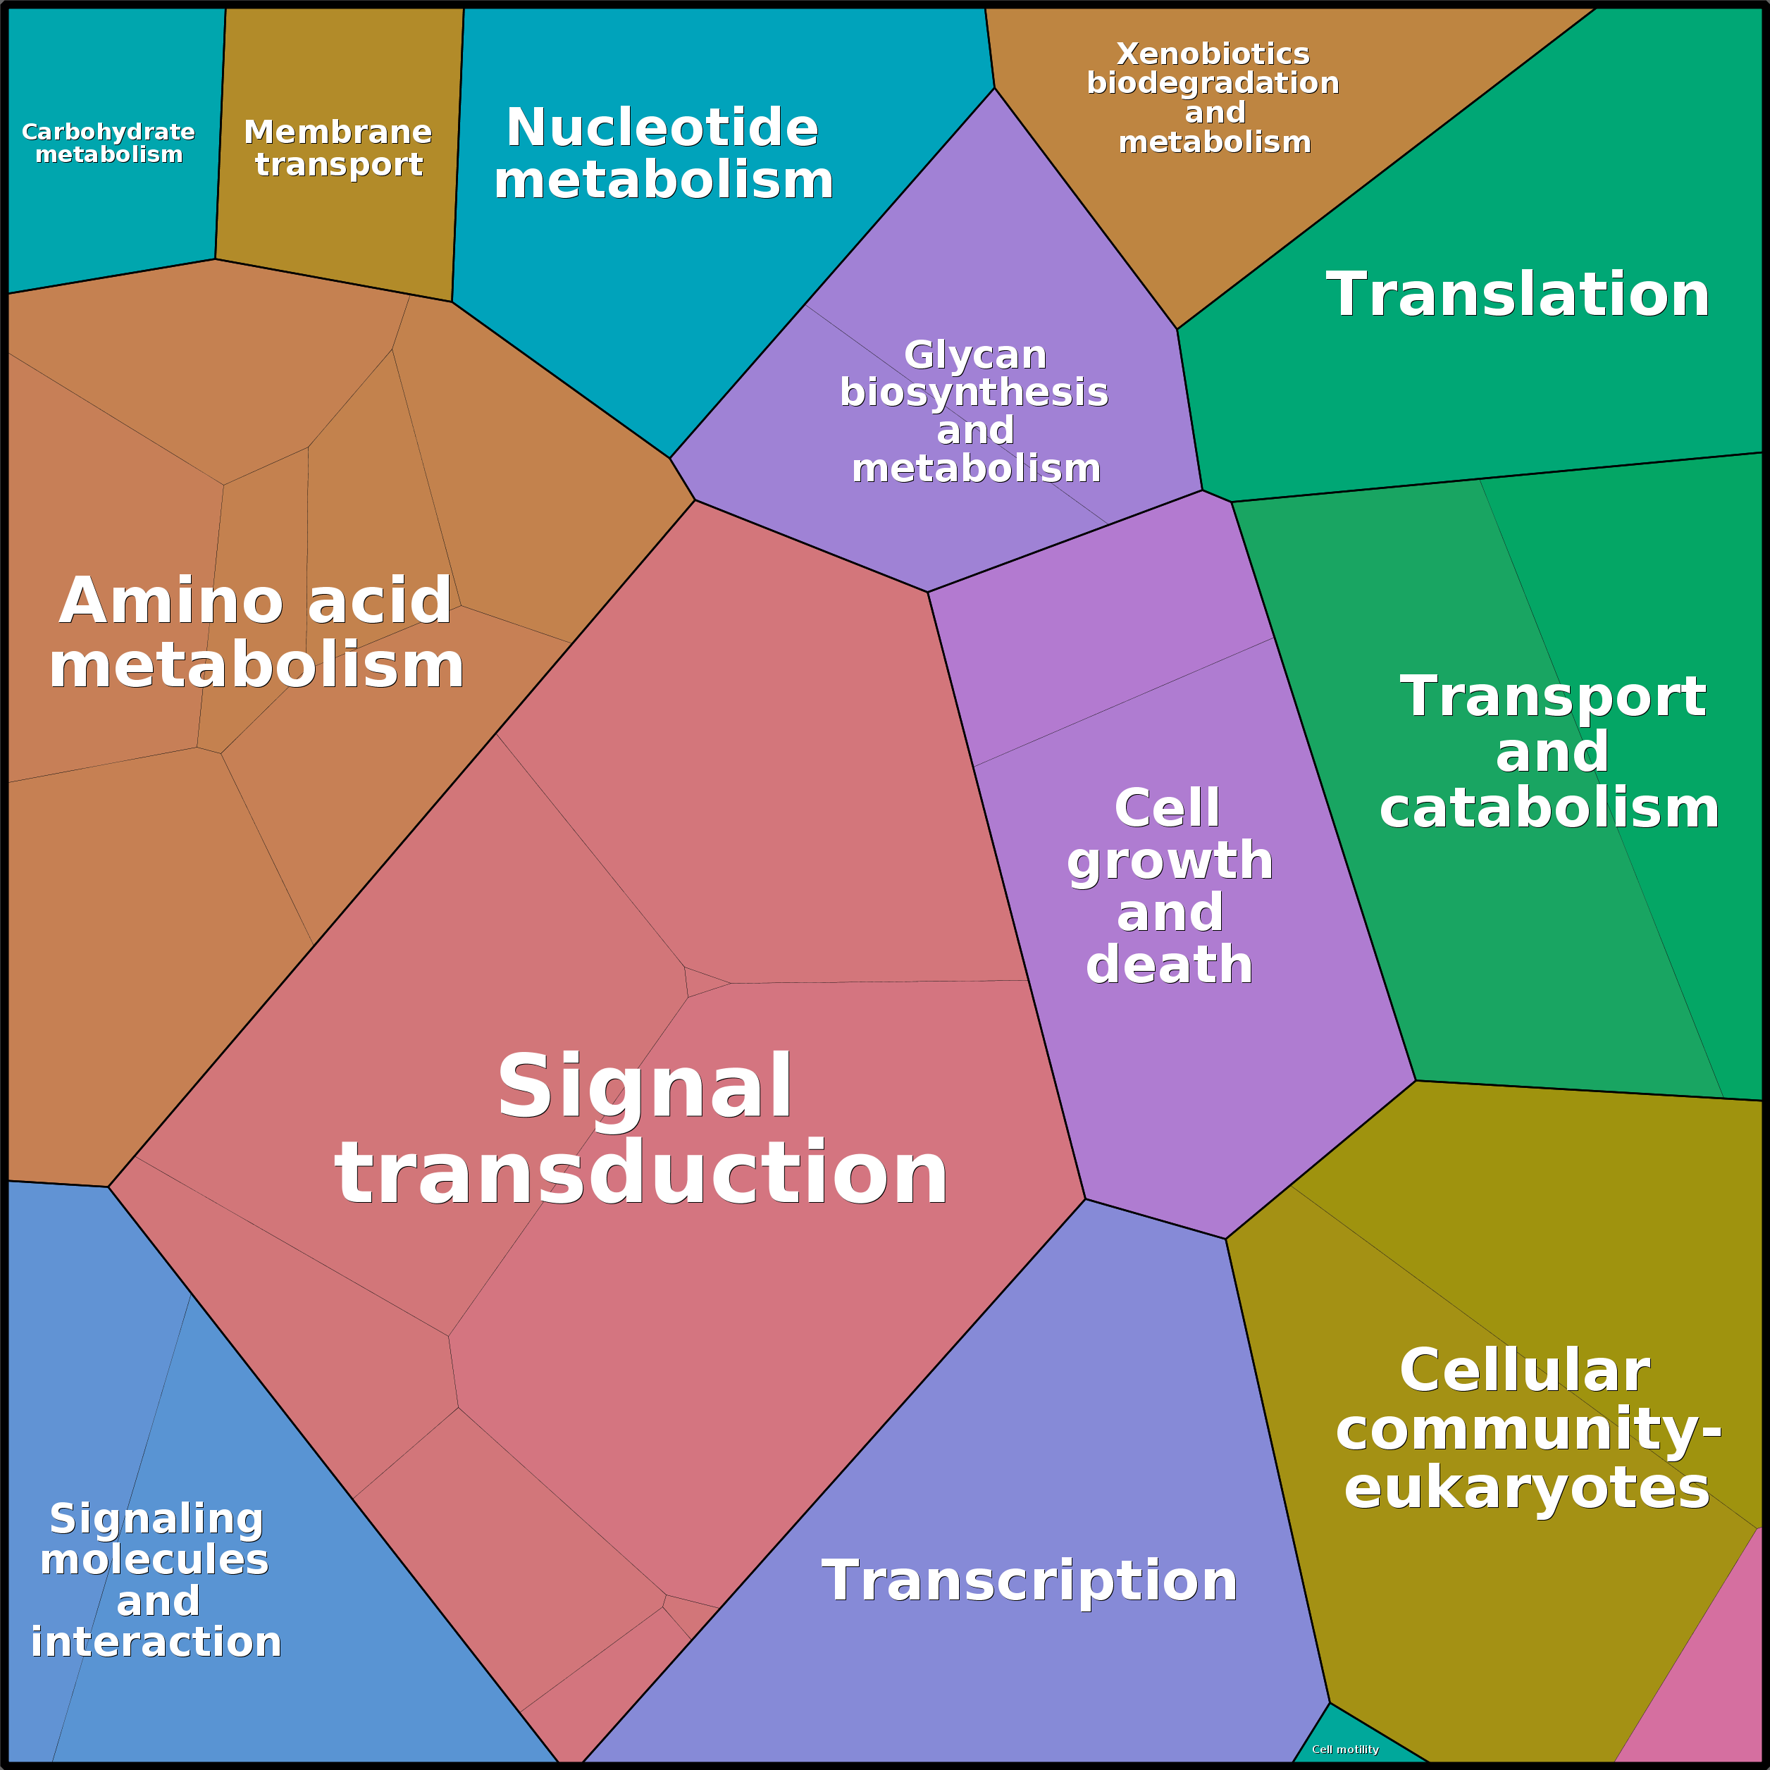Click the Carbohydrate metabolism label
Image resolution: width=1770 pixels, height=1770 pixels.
coord(108,143)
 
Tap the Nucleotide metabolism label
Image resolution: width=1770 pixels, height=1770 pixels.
coord(663,153)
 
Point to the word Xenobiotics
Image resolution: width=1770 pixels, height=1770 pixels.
coord(1213,54)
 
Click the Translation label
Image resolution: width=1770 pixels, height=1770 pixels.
coord(1518,295)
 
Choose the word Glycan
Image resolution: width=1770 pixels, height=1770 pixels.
coord(974,354)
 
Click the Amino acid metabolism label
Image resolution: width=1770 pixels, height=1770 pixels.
coord(256,632)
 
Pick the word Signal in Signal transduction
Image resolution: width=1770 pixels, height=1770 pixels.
coord(645,1087)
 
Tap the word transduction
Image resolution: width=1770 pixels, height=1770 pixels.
coord(641,1174)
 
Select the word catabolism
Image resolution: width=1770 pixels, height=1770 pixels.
coord(1549,808)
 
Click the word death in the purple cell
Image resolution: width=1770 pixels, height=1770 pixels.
coord(1169,965)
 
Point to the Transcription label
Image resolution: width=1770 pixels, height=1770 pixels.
coord(1029,1580)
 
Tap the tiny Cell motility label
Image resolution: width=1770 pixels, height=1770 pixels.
coord(1345,1750)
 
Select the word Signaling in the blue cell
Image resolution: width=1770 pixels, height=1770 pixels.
coord(156,1520)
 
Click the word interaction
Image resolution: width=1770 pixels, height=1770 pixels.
coord(156,1641)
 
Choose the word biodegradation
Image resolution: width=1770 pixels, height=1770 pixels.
coord(1213,83)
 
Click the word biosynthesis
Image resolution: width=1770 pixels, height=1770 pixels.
coord(974,393)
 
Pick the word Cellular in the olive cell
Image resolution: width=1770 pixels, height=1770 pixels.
coord(1525,1371)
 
